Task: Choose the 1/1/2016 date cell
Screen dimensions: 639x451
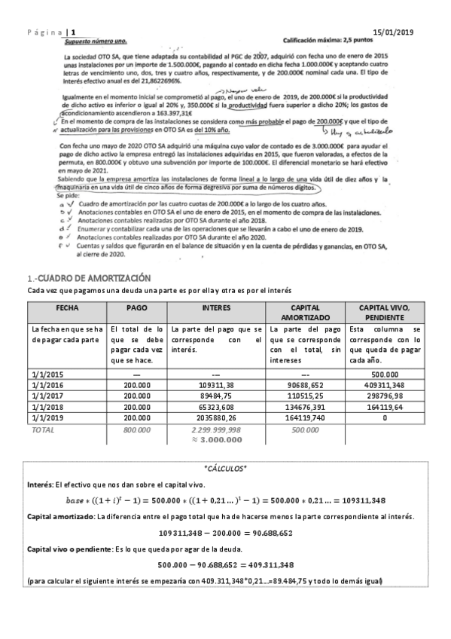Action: point(47,384)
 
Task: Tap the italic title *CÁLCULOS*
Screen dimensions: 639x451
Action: point(225,467)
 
